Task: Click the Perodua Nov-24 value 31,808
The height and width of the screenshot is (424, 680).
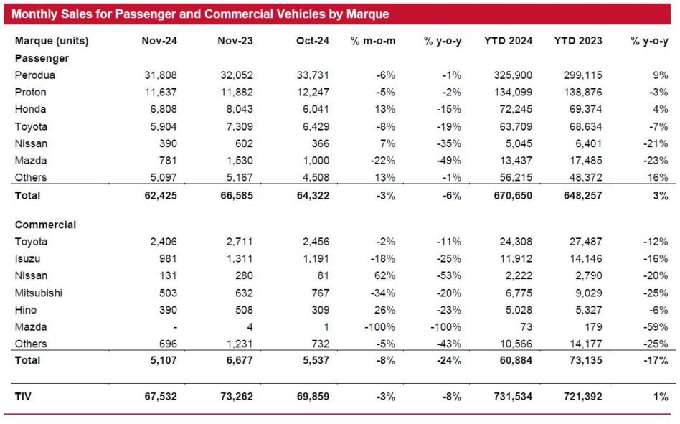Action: (x=161, y=75)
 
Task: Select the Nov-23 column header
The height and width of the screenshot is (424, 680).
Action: (x=235, y=41)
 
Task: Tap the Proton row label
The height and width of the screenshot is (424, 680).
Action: (x=30, y=93)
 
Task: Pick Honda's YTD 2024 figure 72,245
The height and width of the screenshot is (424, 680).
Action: (x=516, y=109)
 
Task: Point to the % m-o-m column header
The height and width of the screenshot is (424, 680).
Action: (x=373, y=41)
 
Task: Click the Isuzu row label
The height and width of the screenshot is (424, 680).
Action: (x=27, y=259)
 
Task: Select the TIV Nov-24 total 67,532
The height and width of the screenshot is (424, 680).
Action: (x=161, y=396)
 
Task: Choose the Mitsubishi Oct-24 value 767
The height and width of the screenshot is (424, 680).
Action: (x=320, y=293)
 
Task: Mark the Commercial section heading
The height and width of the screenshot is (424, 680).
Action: (x=45, y=225)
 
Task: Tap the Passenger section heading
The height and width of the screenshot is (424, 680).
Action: (x=42, y=58)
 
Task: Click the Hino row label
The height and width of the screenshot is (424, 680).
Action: (x=26, y=310)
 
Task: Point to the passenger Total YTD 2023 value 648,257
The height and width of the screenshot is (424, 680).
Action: (x=583, y=196)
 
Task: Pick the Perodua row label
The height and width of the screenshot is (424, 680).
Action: (x=34, y=75)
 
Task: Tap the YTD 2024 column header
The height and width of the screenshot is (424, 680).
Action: (x=509, y=41)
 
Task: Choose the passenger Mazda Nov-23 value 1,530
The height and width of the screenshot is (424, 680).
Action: (x=240, y=161)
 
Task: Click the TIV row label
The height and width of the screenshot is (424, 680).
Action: (x=23, y=396)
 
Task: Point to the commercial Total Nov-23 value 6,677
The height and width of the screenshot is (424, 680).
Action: (x=240, y=360)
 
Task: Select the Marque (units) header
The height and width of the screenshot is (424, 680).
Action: (x=52, y=41)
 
